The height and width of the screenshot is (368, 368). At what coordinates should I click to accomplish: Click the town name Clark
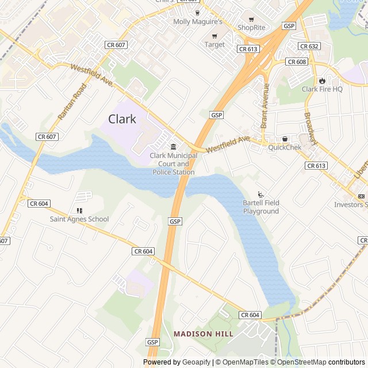[122, 119]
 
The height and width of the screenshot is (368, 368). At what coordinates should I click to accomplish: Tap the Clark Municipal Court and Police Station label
[173, 164]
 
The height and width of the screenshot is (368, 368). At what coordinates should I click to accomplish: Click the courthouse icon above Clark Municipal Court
[173, 146]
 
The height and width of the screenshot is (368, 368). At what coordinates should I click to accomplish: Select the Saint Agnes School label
[79, 219]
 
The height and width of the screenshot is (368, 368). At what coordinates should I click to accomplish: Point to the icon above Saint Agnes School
[79, 210]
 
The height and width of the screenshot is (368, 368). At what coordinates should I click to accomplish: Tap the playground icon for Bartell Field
[260, 194]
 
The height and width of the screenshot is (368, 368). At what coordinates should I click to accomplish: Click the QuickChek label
[285, 147]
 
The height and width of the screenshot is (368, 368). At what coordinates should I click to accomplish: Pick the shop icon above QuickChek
[285, 139]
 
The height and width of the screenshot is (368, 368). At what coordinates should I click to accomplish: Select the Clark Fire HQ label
[322, 89]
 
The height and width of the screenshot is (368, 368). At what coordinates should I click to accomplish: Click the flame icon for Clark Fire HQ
[322, 80]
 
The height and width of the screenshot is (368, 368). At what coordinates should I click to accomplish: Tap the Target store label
[214, 44]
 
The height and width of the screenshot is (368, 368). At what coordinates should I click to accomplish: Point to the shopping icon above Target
[214, 36]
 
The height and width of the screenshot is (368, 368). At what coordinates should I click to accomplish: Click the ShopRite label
[252, 27]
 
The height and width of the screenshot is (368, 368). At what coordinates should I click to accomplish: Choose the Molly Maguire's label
[198, 22]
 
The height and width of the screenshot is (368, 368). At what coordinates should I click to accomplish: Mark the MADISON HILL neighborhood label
[204, 333]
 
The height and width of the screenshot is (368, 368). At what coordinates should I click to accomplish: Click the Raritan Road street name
[72, 102]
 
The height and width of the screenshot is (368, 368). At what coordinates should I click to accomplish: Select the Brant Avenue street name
[265, 106]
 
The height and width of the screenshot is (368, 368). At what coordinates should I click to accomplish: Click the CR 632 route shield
[309, 46]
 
